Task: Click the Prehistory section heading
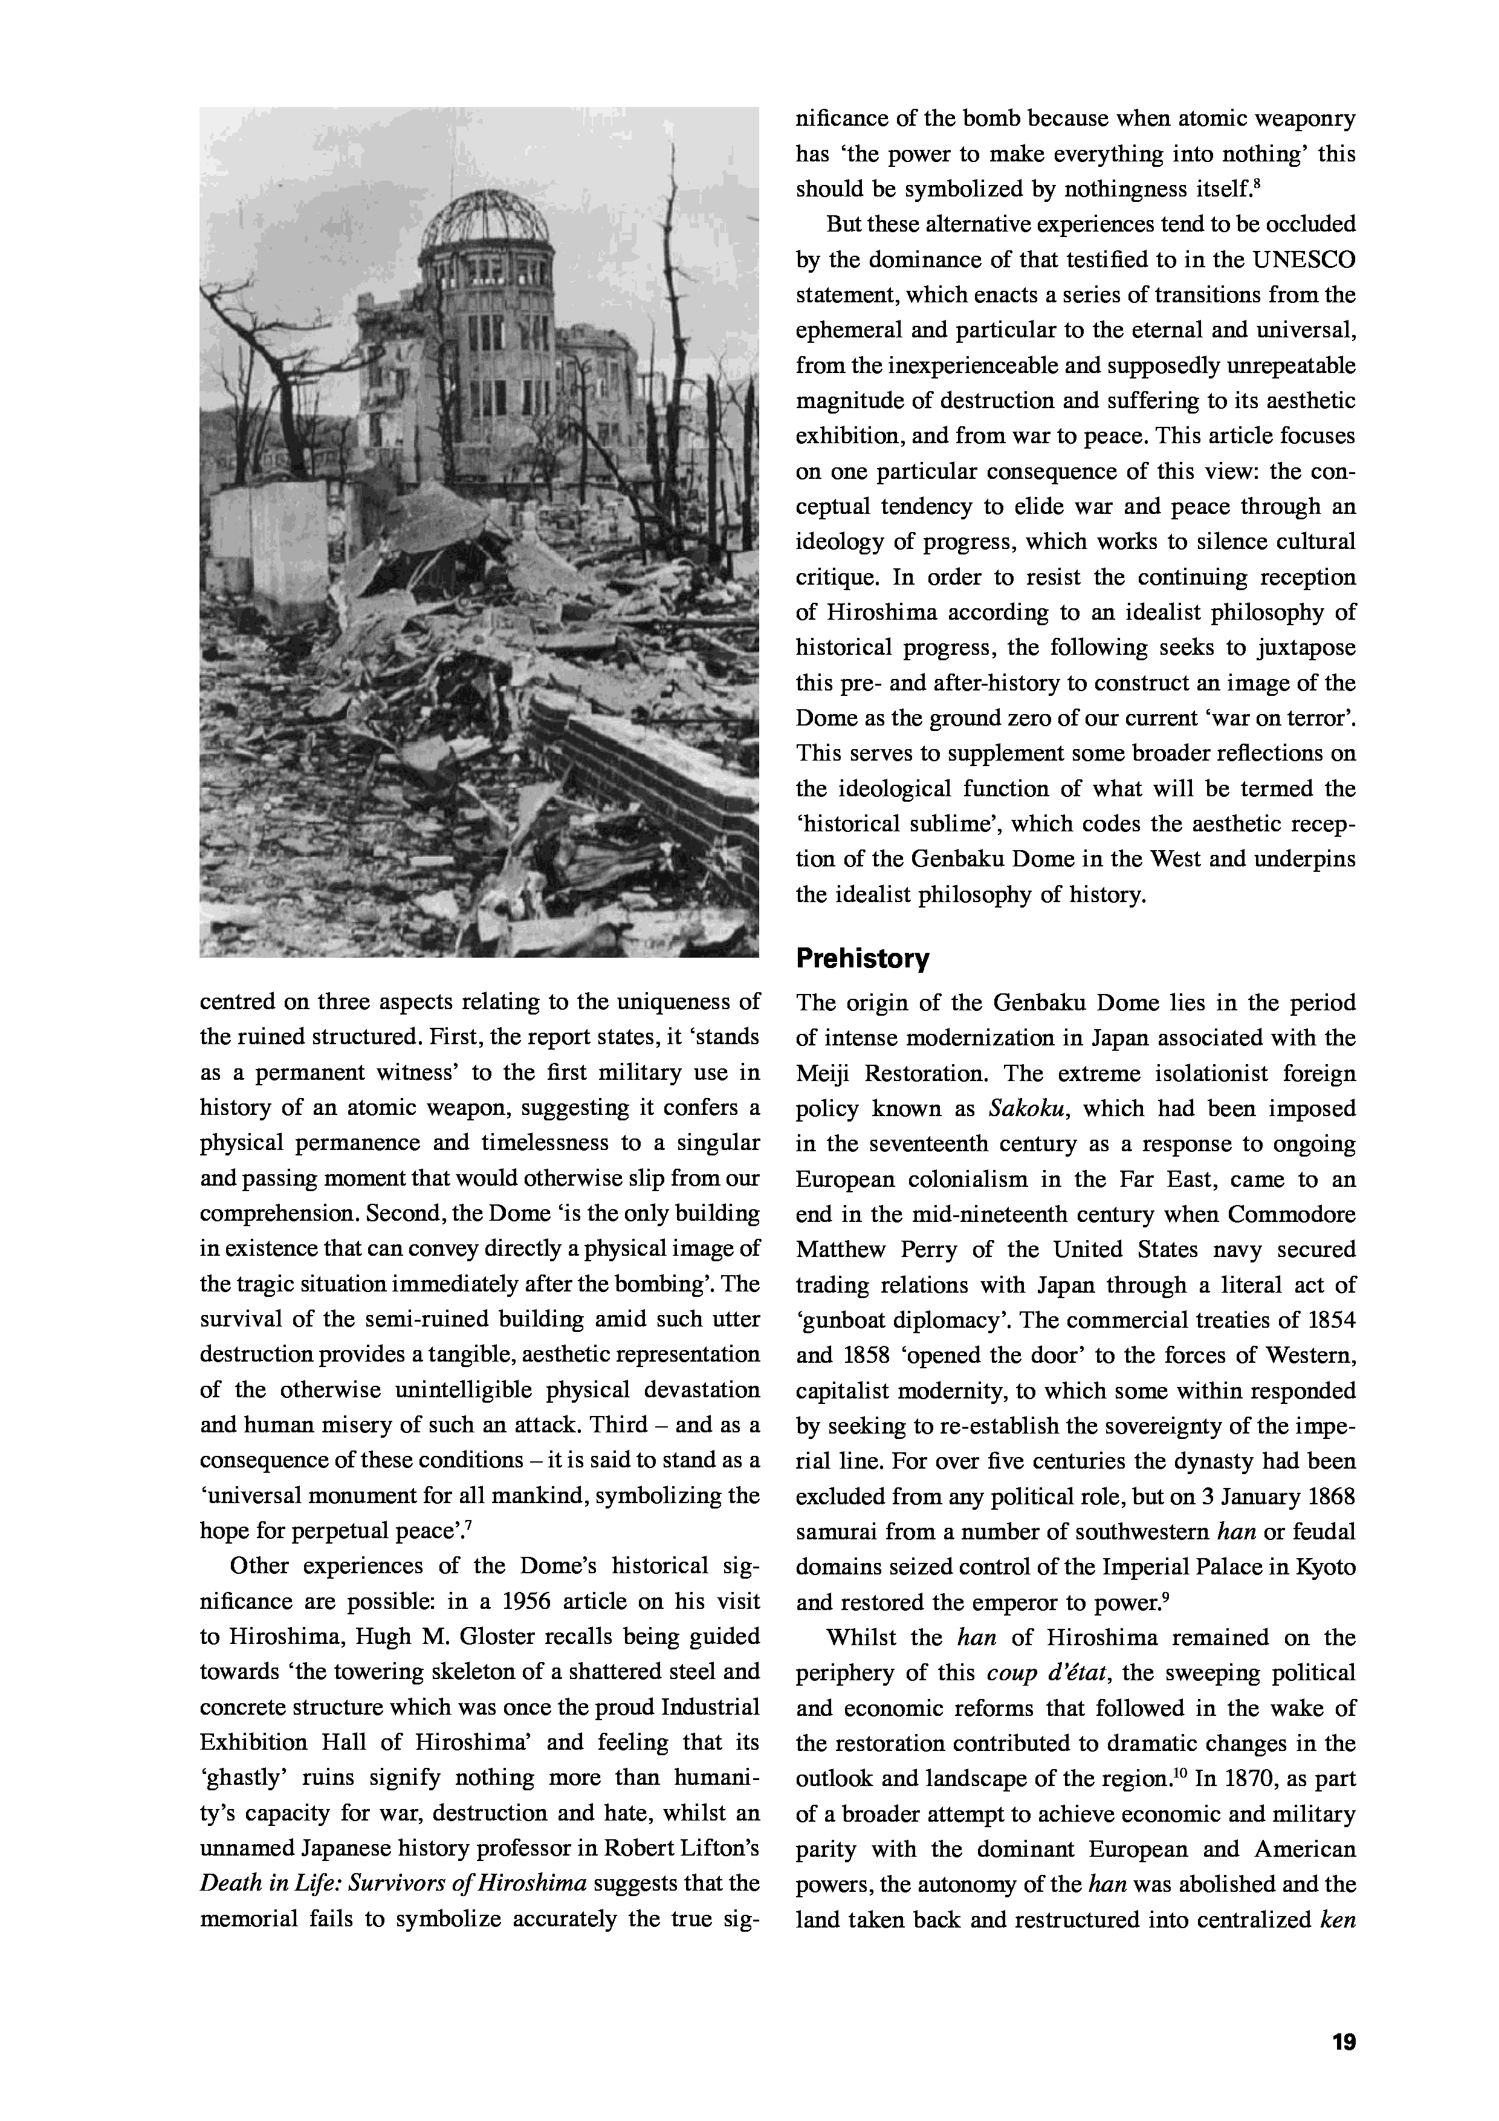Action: point(862,959)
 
